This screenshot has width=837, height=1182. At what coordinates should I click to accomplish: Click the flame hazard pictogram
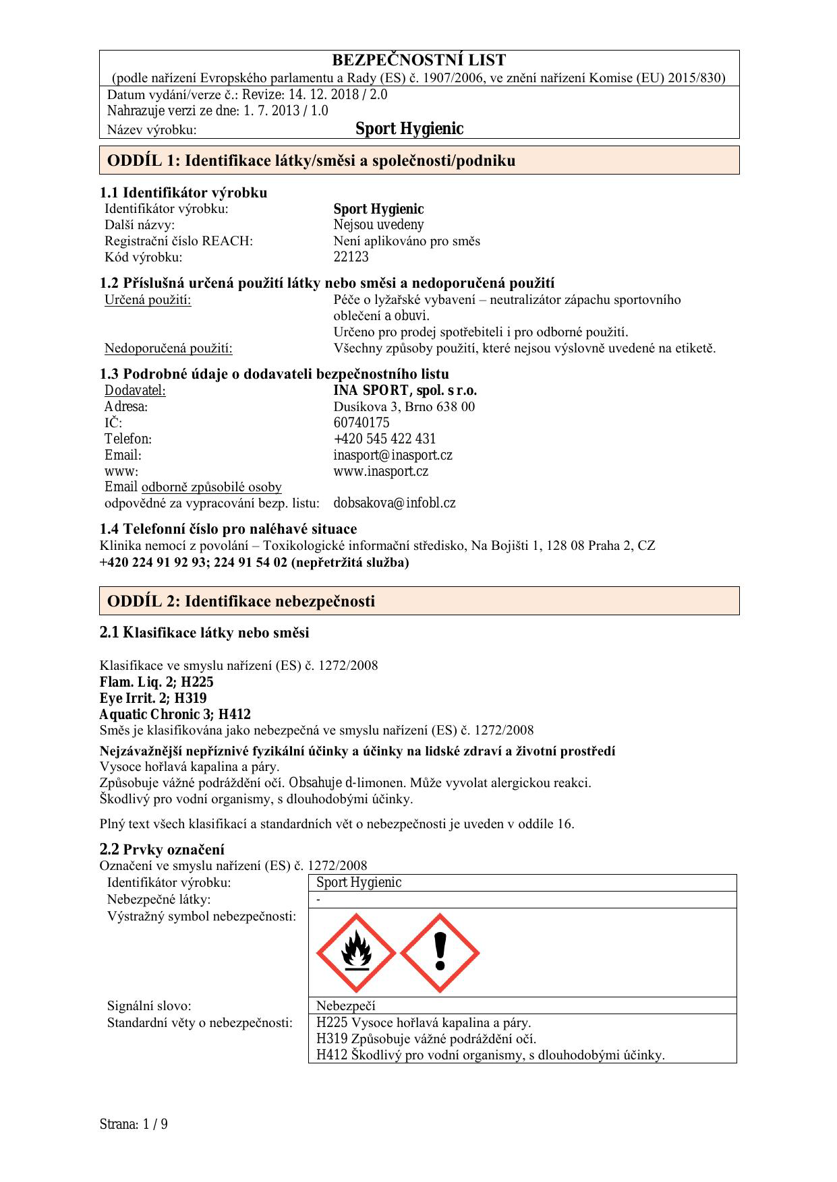[x=356, y=953]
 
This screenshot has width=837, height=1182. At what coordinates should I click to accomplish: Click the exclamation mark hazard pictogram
[x=440, y=953]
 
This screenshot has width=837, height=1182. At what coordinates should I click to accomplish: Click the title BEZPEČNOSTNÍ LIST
[x=419, y=60]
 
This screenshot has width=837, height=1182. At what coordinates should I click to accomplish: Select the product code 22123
[x=351, y=257]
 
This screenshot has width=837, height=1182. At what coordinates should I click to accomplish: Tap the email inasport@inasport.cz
[x=393, y=455]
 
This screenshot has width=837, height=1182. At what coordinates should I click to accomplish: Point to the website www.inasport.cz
[x=380, y=471]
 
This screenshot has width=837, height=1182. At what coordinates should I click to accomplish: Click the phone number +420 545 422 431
[x=384, y=439]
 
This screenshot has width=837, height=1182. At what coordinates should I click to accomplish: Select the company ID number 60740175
[x=362, y=423]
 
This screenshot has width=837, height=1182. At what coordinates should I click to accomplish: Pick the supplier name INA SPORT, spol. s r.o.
[x=405, y=390]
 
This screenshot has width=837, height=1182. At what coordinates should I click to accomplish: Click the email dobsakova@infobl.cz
[x=394, y=503]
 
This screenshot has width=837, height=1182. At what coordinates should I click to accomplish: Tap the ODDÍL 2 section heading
[x=241, y=601]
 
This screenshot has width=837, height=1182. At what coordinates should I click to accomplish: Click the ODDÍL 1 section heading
[x=311, y=160]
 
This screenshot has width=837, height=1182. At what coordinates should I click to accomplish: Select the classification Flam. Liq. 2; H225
[x=156, y=682]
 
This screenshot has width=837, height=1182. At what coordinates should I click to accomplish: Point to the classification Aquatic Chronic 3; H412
[x=175, y=714]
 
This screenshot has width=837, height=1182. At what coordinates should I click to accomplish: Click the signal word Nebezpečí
[x=345, y=1006]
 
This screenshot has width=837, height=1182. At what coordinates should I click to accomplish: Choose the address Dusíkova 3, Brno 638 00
[x=404, y=406]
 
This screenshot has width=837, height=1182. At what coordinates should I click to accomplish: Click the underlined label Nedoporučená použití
[x=168, y=348]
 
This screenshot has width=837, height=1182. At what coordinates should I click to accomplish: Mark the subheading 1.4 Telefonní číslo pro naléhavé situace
[x=228, y=528]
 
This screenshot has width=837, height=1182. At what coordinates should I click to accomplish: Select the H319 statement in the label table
[x=426, y=1038]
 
